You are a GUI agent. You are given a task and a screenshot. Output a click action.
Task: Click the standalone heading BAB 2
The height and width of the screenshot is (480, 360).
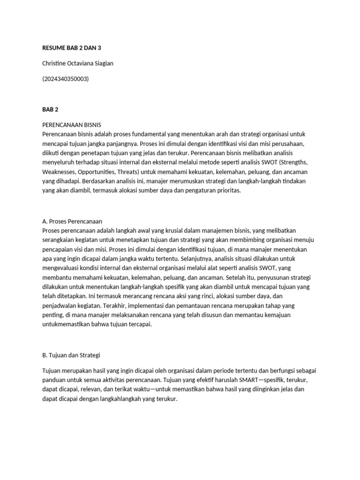50,110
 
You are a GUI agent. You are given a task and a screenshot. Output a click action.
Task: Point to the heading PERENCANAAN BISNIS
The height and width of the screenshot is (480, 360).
71,125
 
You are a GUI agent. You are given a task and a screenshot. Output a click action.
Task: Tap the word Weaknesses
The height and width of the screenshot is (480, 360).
60,172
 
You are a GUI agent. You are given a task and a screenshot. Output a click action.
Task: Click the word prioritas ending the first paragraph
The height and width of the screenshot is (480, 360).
227,190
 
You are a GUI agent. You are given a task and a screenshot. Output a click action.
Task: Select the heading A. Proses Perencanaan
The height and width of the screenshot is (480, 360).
72,221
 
